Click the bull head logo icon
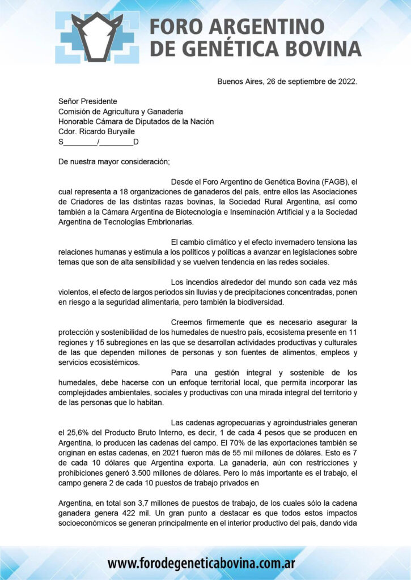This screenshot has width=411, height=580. [100, 35]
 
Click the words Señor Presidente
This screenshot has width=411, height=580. [88, 101]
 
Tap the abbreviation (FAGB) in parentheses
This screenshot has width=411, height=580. [336, 182]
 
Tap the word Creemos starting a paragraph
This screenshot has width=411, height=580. [187, 322]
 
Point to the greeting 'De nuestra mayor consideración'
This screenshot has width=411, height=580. [114, 161]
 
